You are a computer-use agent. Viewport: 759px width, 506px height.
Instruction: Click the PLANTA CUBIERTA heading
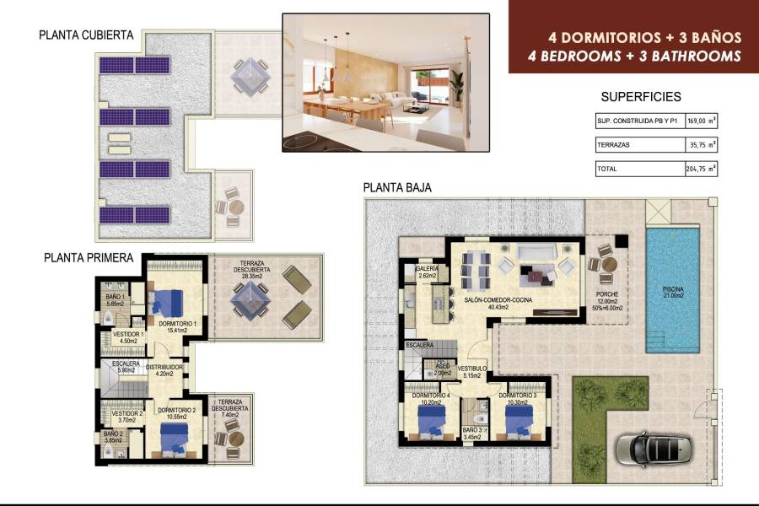(86, 35)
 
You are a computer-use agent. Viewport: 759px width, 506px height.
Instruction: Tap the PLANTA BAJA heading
(397, 188)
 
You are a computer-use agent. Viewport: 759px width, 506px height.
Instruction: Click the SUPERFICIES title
(641, 97)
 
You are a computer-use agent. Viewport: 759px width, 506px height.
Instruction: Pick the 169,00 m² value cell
(701, 121)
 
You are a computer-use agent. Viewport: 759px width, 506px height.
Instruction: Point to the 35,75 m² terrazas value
(701, 145)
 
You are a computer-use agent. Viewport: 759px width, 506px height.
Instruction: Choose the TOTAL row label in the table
(607, 169)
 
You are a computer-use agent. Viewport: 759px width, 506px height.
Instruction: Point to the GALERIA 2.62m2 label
(428, 272)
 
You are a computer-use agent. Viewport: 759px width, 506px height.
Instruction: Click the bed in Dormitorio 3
(516, 418)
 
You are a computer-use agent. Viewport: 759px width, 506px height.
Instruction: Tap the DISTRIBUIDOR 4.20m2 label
(164, 371)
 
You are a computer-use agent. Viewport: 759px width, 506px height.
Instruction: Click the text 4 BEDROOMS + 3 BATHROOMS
(644, 56)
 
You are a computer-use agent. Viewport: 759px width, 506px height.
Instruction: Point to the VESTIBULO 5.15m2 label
(472, 372)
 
